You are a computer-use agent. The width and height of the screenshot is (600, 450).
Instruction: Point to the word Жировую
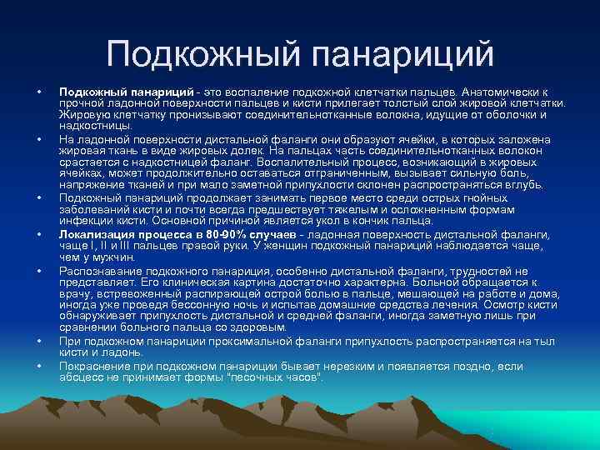83,113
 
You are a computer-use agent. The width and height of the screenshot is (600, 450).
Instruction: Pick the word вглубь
521,184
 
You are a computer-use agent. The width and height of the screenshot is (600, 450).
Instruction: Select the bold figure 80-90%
221,235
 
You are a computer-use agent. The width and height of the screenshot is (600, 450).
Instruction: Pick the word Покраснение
96,365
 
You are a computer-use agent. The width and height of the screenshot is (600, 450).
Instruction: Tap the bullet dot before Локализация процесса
38,235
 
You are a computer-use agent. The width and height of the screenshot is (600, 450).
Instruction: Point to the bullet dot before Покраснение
38,365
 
